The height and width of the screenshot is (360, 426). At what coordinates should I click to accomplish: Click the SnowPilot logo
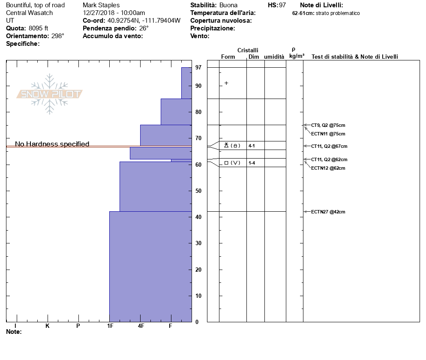pyautogui.click(x=49, y=94)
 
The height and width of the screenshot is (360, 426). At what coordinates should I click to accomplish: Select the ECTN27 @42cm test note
pyautogui.click(x=328, y=212)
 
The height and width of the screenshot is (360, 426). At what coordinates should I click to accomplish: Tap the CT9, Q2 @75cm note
pyautogui.click(x=328, y=125)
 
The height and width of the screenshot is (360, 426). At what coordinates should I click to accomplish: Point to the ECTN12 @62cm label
pyautogui.click(x=328, y=168)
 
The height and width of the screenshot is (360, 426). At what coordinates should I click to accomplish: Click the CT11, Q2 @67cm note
pyautogui.click(x=329, y=146)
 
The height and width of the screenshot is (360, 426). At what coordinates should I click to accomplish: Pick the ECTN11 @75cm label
pyautogui.click(x=328, y=134)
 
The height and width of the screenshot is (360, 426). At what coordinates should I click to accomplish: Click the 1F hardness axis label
pyautogui.click(x=110, y=326)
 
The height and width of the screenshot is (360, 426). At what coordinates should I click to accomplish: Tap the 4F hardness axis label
pyautogui.click(x=141, y=326)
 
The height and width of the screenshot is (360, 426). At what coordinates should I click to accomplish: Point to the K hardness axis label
pyautogui.click(x=48, y=326)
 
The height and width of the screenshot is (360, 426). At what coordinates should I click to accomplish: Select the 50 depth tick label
pyautogui.click(x=198, y=191)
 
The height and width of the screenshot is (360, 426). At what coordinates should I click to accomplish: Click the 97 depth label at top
pyautogui.click(x=198, y=68)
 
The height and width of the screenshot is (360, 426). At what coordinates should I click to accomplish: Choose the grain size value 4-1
pyautogui.click(x=252, y=146)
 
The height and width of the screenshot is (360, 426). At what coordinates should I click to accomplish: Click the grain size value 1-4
pyautogui.click(x=252, y=163)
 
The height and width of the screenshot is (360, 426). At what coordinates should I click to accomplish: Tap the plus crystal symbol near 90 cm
pyautogui.click(x=226, y=83)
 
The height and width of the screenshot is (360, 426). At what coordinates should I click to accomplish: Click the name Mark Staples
pyautogui.click(x=101, y=5)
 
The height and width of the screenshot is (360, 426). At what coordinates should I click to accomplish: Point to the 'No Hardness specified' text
pyautogui.click(x=52, y=144)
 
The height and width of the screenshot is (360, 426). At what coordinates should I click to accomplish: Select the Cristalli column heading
pyautogui.click(x=248, y=51)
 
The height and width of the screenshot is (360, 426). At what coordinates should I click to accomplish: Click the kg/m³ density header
pyautogui.click(x=297, y=56)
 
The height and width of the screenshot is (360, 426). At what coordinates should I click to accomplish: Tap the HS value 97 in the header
pyautogui.click(x=282, y=5)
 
